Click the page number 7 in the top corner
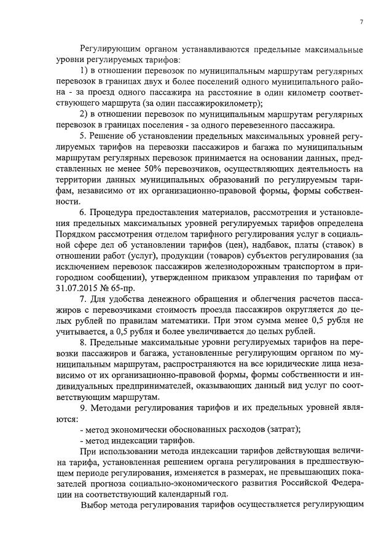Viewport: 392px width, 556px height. [361, 22]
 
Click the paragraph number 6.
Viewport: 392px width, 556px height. [84, 212]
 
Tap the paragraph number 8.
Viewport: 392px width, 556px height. [84, 341]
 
